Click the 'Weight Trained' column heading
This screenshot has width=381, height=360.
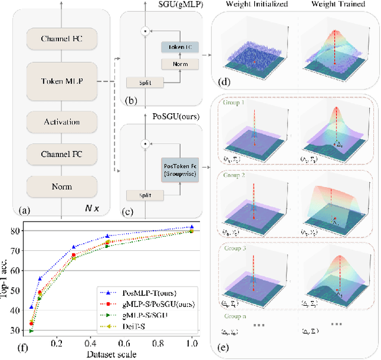(342, 5)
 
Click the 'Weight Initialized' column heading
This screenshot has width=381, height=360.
(257, 5)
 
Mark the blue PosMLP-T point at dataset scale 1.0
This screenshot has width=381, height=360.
(191, 227)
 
